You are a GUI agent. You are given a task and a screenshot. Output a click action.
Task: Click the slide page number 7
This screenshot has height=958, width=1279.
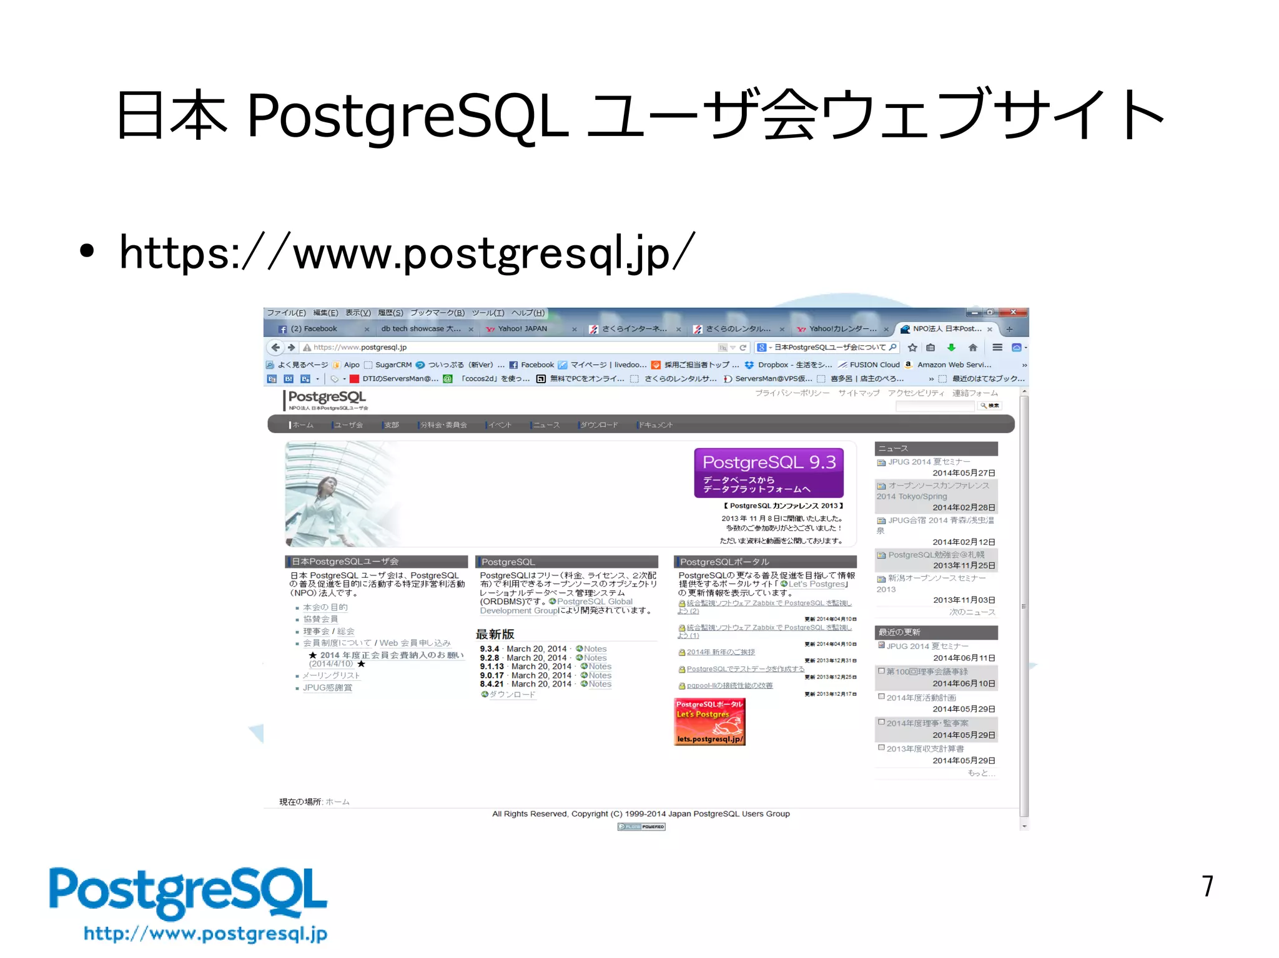pos(1207,886)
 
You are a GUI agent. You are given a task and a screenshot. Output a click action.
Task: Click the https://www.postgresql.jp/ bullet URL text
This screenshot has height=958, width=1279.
pos(407,253)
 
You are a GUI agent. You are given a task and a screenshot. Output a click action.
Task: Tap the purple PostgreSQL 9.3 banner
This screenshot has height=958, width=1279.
pos(768,472)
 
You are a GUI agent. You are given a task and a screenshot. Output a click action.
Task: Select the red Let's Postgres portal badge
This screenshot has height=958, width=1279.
pos(709,721)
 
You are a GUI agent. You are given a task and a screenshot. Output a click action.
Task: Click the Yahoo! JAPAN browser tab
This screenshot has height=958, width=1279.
pos(522,329)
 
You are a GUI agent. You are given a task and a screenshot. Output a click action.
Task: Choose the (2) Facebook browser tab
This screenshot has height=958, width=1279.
pos(314,329)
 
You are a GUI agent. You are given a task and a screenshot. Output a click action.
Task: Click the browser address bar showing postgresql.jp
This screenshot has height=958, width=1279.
pos(500,348)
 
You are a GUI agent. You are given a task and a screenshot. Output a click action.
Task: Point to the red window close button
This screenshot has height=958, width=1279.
pos(1013,312)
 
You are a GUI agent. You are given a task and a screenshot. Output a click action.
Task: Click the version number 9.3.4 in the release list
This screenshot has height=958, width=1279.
pos(489,649)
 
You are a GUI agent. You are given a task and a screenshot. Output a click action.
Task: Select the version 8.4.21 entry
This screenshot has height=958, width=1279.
pos(491,684)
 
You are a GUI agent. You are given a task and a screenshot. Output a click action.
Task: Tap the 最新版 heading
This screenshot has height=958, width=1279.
pos(495,634)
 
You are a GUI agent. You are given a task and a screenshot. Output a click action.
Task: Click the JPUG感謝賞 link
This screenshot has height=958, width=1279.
pos(327,688)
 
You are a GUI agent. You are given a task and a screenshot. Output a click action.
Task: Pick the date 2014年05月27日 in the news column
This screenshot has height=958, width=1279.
pos(964,473)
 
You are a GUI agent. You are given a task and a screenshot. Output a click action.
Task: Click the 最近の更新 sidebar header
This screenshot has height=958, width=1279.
pos(899,632)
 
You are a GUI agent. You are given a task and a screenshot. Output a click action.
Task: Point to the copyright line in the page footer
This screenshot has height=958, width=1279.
pos(641,814)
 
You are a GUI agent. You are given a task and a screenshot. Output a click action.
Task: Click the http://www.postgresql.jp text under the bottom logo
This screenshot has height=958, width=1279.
pos(205,934)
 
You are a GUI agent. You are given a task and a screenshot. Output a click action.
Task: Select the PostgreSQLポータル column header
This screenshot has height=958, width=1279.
pos(724,562)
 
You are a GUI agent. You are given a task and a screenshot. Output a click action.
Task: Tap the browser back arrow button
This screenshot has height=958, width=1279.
pos(275,348)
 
